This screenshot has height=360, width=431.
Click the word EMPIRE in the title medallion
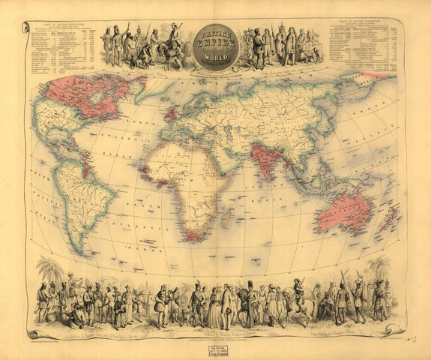tap(215, 44)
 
